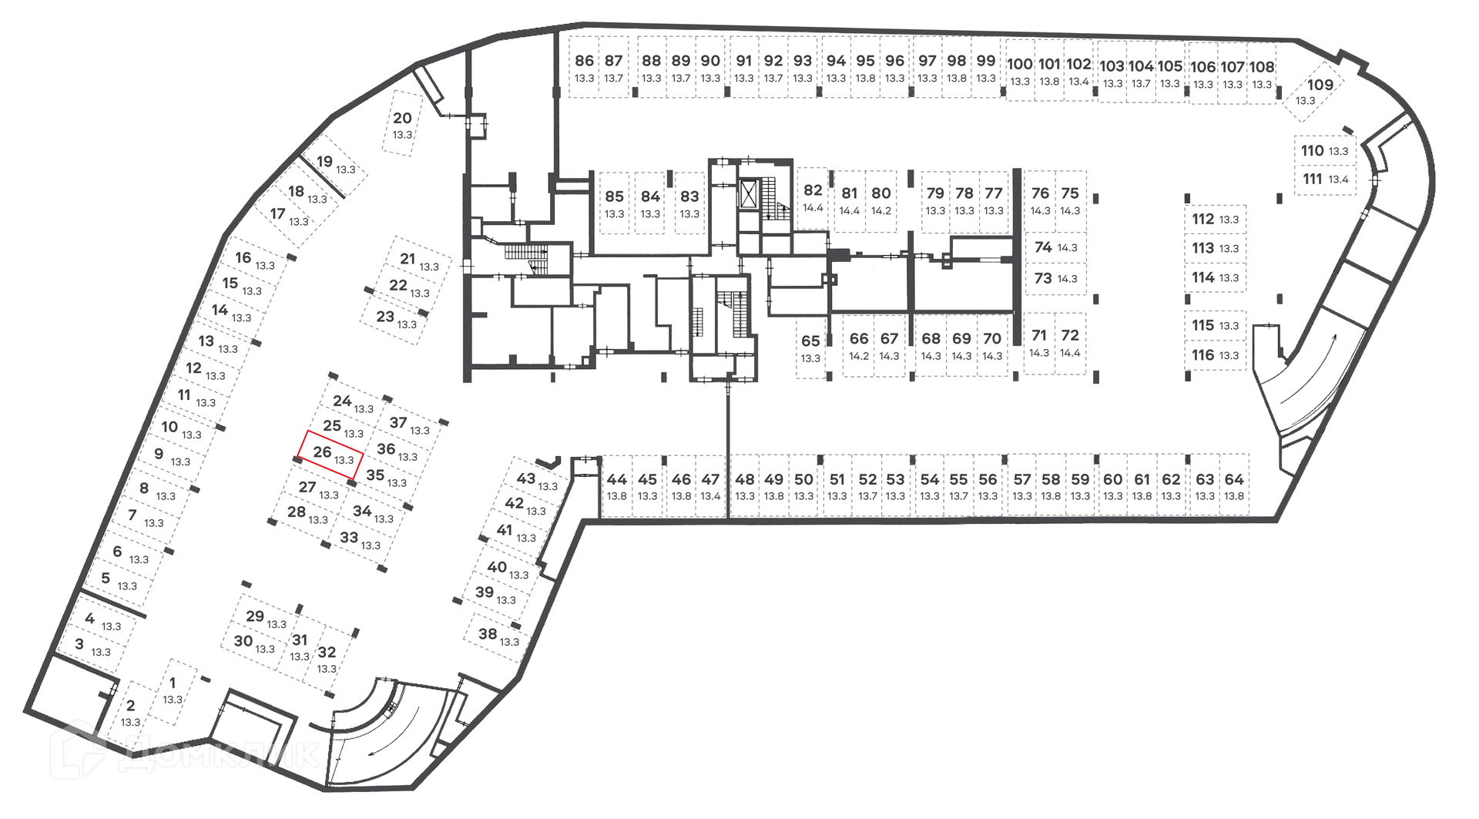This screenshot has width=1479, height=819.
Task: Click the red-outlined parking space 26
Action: [330, 455]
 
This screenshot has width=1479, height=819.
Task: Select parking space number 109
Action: [1314, 92]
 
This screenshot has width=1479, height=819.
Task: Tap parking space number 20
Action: [402, 124]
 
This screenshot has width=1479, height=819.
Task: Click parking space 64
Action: [1234, 486]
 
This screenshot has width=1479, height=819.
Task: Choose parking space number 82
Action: [813, 197]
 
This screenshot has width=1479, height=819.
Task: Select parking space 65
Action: [810, 347]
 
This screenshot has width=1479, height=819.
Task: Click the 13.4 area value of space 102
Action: [1078, 82]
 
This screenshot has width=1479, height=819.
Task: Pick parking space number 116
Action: [1215, 355]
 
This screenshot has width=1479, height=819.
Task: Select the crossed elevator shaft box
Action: [748, 193]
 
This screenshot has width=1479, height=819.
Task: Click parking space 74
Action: [1055, 247]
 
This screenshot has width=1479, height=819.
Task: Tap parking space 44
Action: [617, 486]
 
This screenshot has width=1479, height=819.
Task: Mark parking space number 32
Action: [327, 659]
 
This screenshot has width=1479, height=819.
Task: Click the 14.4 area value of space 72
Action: [1070, 353]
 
